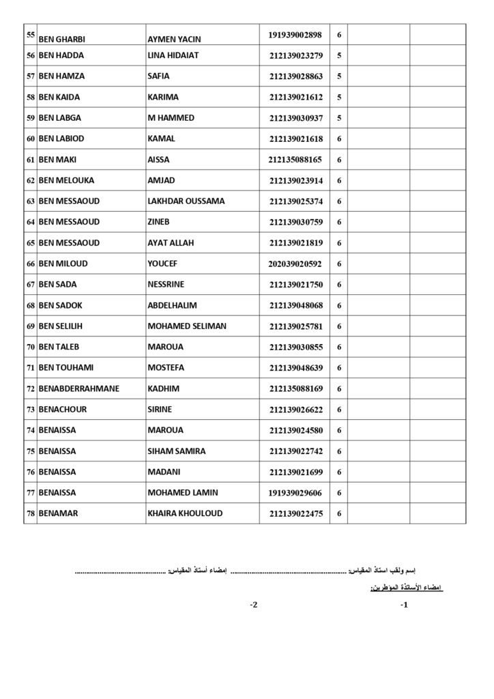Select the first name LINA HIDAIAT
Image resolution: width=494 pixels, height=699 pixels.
coord(173,55)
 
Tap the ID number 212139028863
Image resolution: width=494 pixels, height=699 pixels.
coord(296,76)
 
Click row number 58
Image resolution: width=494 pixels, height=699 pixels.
coord(30,98)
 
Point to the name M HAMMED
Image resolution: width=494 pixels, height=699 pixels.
coord(171,118)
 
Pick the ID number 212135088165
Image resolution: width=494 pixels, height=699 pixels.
coord(295,160)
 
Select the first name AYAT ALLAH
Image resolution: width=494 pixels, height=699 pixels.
coord(173,243)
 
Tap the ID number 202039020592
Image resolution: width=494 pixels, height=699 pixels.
coord(295,264)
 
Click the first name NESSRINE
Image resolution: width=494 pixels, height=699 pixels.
coord(167,285)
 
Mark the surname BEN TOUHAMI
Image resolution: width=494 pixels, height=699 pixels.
coord(70,368)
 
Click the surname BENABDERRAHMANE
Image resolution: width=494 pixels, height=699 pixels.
coord(78,389)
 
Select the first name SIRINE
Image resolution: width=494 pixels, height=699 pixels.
coord(160,410)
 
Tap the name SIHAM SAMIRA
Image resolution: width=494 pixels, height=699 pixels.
coord(176,451)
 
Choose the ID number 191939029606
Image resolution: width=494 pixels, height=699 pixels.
coord(296,493)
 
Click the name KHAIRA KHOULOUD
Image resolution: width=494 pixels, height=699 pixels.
coord(185,513)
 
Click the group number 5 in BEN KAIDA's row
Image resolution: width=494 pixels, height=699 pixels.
coord(339,98)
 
